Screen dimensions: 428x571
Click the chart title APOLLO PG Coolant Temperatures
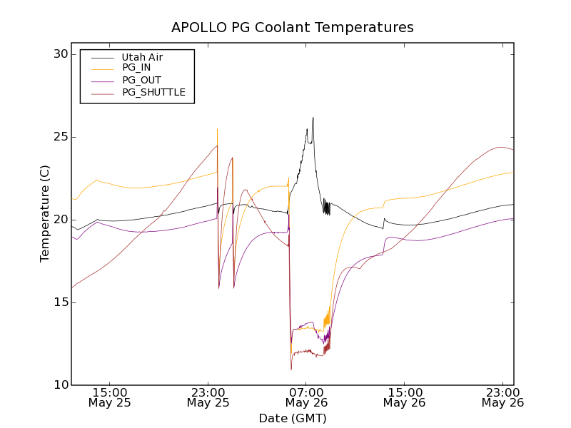pyautogui.click(x=292, y=28)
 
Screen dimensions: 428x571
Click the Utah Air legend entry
pyautogui.click(x=141, y=57)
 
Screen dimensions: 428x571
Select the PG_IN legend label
pyautogui.click(x=136, y=68)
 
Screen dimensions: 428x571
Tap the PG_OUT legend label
pyautogui.click(x=141, y=80)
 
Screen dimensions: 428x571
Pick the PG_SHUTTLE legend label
pyautogui.click(x=153, y=92)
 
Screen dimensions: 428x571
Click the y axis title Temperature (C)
pyautogui.click(x=45, y=214)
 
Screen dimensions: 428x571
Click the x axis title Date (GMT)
pyautogui.click(x=292, y=418)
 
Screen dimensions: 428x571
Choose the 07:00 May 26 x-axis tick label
pyautogui.click(x=306, y=397)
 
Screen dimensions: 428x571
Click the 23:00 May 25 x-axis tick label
pyautogui.click(x=208, y=397)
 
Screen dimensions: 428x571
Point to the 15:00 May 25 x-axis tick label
pyautogui.click(x=109, y=397)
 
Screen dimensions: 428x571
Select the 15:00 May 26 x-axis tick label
pyautogui.click(x=405, y=397)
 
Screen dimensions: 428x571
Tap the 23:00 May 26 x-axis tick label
pyautogui.click(x=502, y=397)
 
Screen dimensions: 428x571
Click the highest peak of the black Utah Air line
pyautogui.click(x=313, y=118)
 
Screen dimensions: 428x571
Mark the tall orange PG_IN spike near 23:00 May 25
pyautogui.click(x=217, y=130)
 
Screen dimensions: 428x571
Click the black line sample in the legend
pyautogui.click(x=102, y=57)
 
